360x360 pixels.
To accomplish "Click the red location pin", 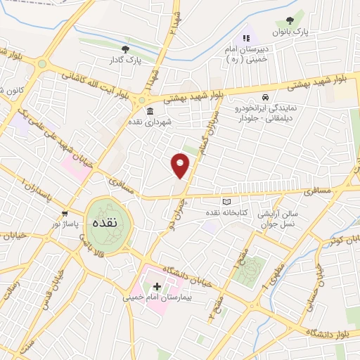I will coord(181,165).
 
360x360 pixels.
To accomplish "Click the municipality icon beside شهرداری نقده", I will coord(149,111).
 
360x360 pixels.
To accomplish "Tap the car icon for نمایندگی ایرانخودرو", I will coord(265,97).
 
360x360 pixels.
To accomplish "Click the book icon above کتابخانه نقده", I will coord(226,201).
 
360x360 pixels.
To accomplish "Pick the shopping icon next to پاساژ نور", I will coord(64,212).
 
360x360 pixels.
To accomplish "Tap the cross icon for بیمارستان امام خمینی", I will coord(156,286).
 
